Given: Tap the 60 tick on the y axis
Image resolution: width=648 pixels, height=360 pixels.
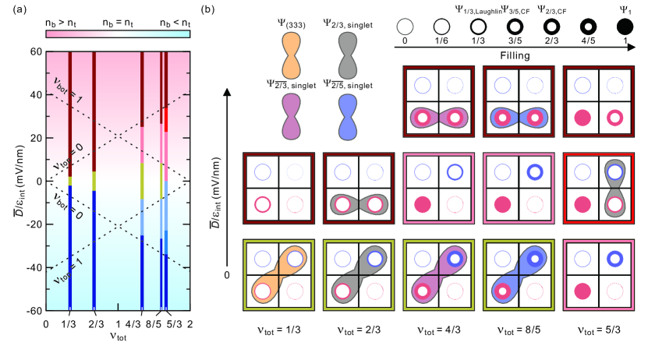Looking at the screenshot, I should [x=36, y=52].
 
